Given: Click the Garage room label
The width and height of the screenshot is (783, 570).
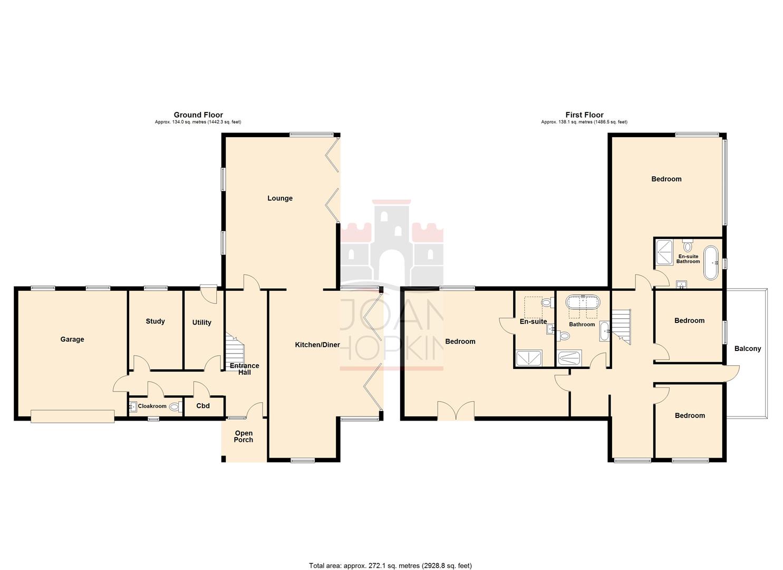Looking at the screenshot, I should click(x=72, y=339).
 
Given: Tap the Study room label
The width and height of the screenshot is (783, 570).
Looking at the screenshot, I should click(x=155, y=321).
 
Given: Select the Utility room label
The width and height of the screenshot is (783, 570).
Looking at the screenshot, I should click(x=201, y=322).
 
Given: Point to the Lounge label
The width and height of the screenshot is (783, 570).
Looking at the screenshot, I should click(x=279, y=198).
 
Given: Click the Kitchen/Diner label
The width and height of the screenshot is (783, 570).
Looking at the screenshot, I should click(x=317, y=345).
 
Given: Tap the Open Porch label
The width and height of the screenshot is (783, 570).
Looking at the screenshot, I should click(x=244, y=436).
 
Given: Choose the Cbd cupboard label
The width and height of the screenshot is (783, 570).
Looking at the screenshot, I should click(x=203, y=406).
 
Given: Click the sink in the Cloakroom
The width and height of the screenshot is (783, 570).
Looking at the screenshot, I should click(x=132, y=406).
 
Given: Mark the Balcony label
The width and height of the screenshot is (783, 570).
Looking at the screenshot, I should click(x=747, y=348).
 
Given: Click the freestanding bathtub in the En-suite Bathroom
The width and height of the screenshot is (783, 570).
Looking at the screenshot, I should click(x=711, y=262).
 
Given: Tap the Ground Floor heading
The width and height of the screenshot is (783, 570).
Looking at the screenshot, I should click(x=198, y=115).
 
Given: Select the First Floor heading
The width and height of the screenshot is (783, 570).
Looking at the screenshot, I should click(x=584, y=115).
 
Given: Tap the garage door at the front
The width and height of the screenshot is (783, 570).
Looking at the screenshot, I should click(x=72, y=416).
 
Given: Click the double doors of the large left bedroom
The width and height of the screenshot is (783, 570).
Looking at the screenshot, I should click(x=456, y=411).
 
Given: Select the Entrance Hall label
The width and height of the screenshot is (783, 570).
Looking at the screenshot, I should click(x=244, y=369).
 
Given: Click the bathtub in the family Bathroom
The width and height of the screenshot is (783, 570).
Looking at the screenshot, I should click(x=583, y=303).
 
